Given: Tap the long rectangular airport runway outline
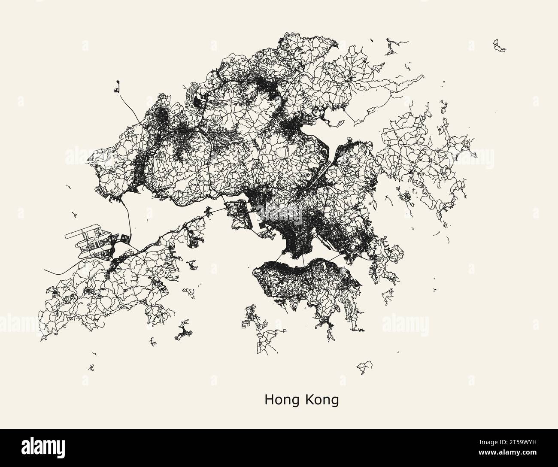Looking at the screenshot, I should pyautogui.click(x=82, y=235).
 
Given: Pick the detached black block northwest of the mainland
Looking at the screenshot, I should pyautogui.click(x=116, y=88).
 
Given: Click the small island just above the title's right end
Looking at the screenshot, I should pyautogui.click(x=364, y=367).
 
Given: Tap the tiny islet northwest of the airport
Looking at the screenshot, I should pyautogui.click(x=75, y=213).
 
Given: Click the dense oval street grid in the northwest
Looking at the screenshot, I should pyautogui.click(x=164, y=116).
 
